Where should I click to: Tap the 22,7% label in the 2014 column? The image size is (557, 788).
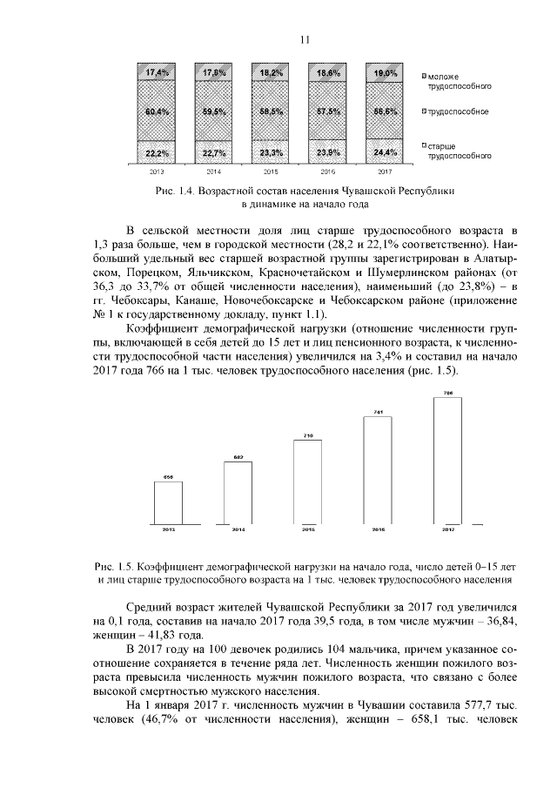[213, 153]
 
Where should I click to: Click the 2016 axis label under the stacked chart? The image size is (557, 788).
[328, 172]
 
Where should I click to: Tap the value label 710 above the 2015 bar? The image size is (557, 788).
[308, 434]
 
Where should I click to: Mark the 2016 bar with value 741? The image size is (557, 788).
[378, 471]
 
